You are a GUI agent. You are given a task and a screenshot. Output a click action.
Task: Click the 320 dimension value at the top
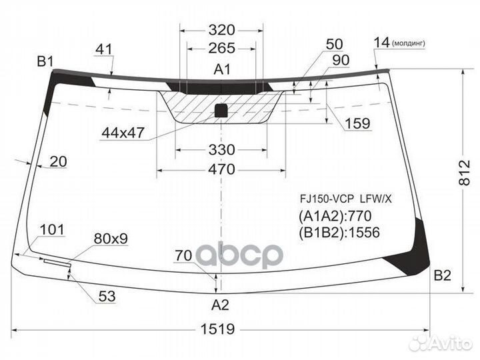(221, 30)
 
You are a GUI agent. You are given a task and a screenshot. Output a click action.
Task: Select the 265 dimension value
(221, 48)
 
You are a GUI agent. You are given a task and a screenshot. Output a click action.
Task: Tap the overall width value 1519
(217, 329)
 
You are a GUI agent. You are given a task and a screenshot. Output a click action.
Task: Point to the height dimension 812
(465, 173)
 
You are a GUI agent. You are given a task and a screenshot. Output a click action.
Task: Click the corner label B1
(45, 61)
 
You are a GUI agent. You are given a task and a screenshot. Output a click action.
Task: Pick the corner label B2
(443, 276)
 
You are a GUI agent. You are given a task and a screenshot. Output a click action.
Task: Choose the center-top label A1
(222, 69)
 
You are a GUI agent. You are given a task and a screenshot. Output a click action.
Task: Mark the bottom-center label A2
(220, 305)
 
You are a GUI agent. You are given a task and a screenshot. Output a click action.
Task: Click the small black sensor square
(221, 111)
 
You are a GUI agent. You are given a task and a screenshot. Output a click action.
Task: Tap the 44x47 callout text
(123, 133)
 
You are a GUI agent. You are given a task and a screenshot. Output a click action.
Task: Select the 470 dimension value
(221, 169)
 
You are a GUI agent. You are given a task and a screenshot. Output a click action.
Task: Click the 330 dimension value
(221, 150)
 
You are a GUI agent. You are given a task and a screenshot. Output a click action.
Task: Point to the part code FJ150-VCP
(327, 199)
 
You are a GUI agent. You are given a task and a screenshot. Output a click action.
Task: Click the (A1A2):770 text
(335, 216)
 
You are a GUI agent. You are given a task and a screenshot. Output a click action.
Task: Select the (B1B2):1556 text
(339, 233)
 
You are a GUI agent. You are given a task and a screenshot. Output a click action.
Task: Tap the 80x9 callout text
(111, 239)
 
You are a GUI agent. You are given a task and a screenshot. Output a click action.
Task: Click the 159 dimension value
(357, 123)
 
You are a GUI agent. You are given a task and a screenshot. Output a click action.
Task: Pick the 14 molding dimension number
(382, 43)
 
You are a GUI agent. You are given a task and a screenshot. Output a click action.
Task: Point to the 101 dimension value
(53, 229)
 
